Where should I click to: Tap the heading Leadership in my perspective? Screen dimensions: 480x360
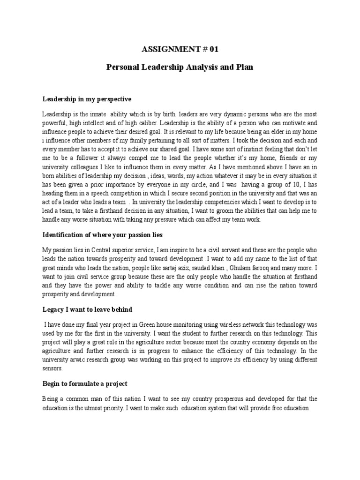tap(87, 99)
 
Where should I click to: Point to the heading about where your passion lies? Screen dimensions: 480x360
tap(102, 234)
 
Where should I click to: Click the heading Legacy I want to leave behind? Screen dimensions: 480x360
tap(87, 309)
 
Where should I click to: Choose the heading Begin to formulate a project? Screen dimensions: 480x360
tap(84, 384)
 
